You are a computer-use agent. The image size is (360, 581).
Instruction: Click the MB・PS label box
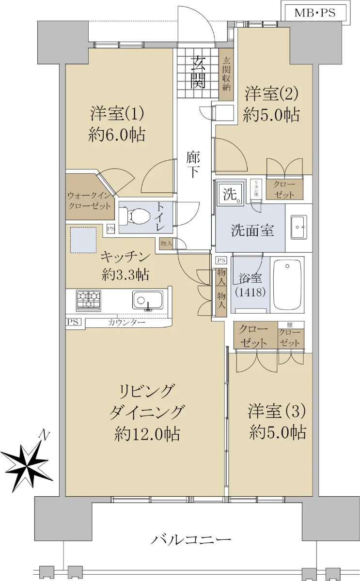tap(315, 13)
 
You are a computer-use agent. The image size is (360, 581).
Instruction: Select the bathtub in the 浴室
tap(287, 285)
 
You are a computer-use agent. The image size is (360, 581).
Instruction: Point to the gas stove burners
tap(89, 301)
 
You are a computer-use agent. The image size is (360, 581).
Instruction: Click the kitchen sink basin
tap(148, 300)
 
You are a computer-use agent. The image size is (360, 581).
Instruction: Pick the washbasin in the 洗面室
tap(298, 227)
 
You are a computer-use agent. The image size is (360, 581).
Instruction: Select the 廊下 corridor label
tap(193, 165)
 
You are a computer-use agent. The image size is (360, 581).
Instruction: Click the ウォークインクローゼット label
tap(89, 200)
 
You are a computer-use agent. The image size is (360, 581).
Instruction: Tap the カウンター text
tap(126, 322)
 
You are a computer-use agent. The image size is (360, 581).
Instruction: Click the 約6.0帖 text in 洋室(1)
tap(117, 135)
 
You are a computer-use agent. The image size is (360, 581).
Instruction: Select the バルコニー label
tap(191, 539)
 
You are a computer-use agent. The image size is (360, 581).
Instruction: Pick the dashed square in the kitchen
tap(83, 240)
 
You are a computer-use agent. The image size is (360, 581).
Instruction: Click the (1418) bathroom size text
tap(250, 292)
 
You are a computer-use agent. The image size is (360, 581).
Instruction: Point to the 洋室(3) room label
tap(277, 412)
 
